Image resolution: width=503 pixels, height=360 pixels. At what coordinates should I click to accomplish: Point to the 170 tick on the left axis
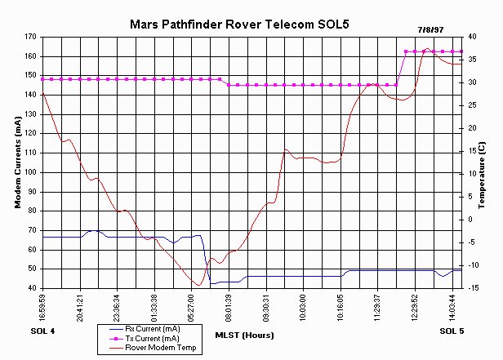click(x=31, y=37)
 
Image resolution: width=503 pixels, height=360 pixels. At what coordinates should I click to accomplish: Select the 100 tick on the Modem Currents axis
click(x=31, y=172)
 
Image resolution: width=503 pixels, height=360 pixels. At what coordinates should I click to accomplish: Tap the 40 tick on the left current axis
click(x=33, y=288)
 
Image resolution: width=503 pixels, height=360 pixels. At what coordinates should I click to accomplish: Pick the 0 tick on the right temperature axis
click(x=470, y=220)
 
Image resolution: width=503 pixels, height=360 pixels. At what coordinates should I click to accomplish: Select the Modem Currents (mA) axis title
click(x=17, y=162)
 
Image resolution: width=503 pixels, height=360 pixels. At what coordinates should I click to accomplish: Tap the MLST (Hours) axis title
click(x=245, y=335)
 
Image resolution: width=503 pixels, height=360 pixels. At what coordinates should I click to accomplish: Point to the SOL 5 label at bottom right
click(x=451, y=330)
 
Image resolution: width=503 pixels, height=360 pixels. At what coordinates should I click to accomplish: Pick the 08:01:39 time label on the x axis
click(x=229, y=307)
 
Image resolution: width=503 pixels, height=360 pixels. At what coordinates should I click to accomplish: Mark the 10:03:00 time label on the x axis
click(x=303, y=307)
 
